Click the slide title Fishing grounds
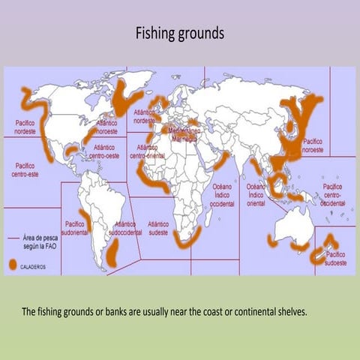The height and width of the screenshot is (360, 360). point(179,34)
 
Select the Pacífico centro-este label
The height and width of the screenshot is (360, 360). point(26,169)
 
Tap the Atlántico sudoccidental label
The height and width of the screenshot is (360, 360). point(124,228)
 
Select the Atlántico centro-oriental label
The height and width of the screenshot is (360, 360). point(145,151)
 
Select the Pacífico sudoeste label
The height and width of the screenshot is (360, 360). point(335,259)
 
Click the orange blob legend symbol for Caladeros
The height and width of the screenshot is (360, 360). point(13,265)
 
